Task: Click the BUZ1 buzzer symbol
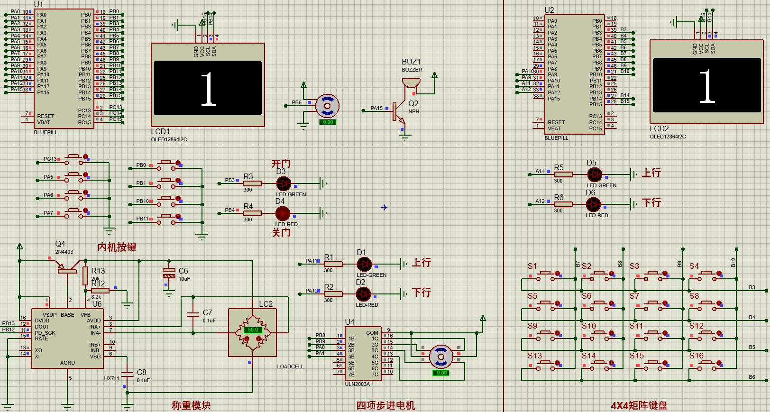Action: click(411, 84)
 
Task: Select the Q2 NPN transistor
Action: click(398, 112)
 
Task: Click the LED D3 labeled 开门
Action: click(284, 183)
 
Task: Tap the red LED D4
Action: click(283, 213)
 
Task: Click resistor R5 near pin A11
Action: click(563, 174)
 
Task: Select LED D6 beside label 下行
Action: click(593, 204)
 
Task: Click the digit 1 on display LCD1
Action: click(208, 89)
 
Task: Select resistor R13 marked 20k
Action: click(85, 275)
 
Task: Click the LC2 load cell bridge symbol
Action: click(252, 332)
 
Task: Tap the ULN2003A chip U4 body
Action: click(363, 353)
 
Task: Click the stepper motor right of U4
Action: click(441, 357)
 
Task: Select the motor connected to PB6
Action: click(327, 106)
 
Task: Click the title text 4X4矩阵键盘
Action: click(639, 405)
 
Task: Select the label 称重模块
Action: click(191, 405)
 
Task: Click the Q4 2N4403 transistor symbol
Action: click(68, 268)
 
